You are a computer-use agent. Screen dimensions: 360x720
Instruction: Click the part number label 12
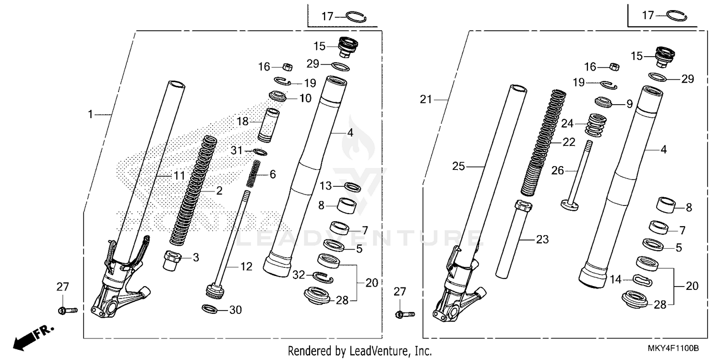pyautogui.click(x=246, y=266)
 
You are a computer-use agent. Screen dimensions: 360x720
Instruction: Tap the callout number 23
pyautogui.click(x=542, y=240)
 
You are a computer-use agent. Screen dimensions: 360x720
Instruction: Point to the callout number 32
pyautogui.click(x=299, y=275)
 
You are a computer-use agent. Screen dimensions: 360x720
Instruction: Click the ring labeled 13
pyautogui.click(x=352, y=186)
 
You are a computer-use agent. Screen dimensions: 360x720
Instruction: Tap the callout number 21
pyautogui.click(x=426, y=100)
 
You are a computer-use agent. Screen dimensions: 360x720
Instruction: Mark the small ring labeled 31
pyautogui.click(x=260, y=152)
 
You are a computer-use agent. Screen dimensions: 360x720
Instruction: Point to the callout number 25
pyautogui.click(x=458, y=167)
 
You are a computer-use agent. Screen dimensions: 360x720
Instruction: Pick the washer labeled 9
pyautogui.click(x=603, y=102)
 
